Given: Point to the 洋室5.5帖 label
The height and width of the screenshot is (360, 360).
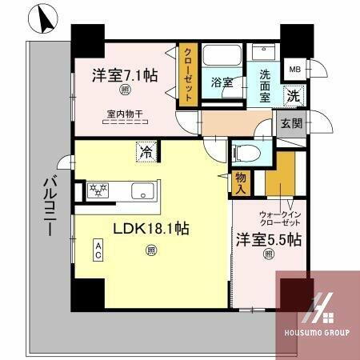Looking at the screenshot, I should click(x=269, y=238).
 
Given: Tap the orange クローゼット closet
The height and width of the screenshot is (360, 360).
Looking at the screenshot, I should click(x=186, y=74).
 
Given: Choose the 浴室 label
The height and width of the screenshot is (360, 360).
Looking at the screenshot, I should click(x=222, y=82).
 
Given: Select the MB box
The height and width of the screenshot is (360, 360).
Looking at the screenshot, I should click(x=295, y=69).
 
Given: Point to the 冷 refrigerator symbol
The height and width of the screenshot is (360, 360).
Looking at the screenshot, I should click(x=146, y=150).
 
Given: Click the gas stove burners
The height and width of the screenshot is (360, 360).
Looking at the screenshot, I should click(x=98, y=191).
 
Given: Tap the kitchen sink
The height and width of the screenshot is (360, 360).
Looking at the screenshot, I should click(x=142, y=192).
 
